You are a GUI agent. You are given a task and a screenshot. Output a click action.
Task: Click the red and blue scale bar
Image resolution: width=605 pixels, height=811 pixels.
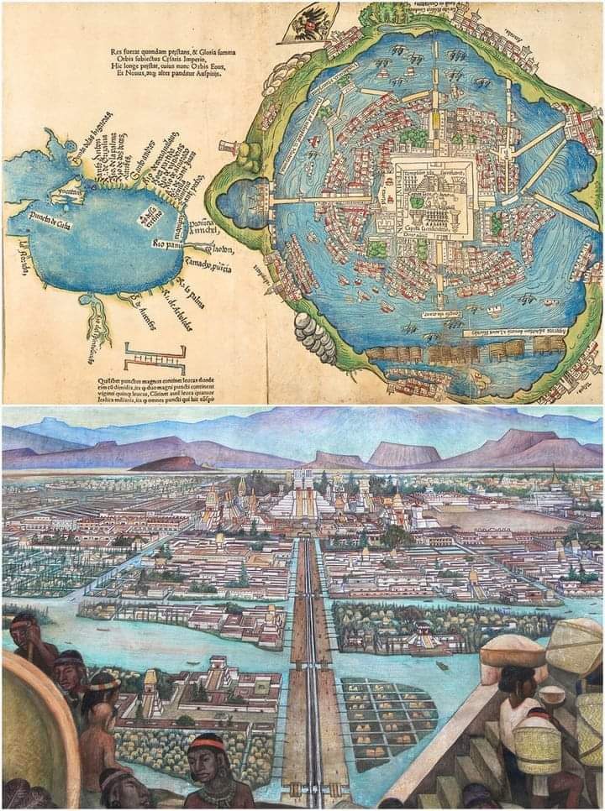(x=155, y=358)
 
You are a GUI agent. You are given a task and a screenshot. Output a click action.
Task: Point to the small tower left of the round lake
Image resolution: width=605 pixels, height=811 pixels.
(x=226, y=149)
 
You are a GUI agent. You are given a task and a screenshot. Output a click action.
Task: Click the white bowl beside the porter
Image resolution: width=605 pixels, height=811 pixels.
(x=551, y=696)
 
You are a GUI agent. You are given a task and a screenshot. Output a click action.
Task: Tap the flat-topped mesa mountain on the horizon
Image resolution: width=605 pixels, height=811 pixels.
(x=403, y=454)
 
